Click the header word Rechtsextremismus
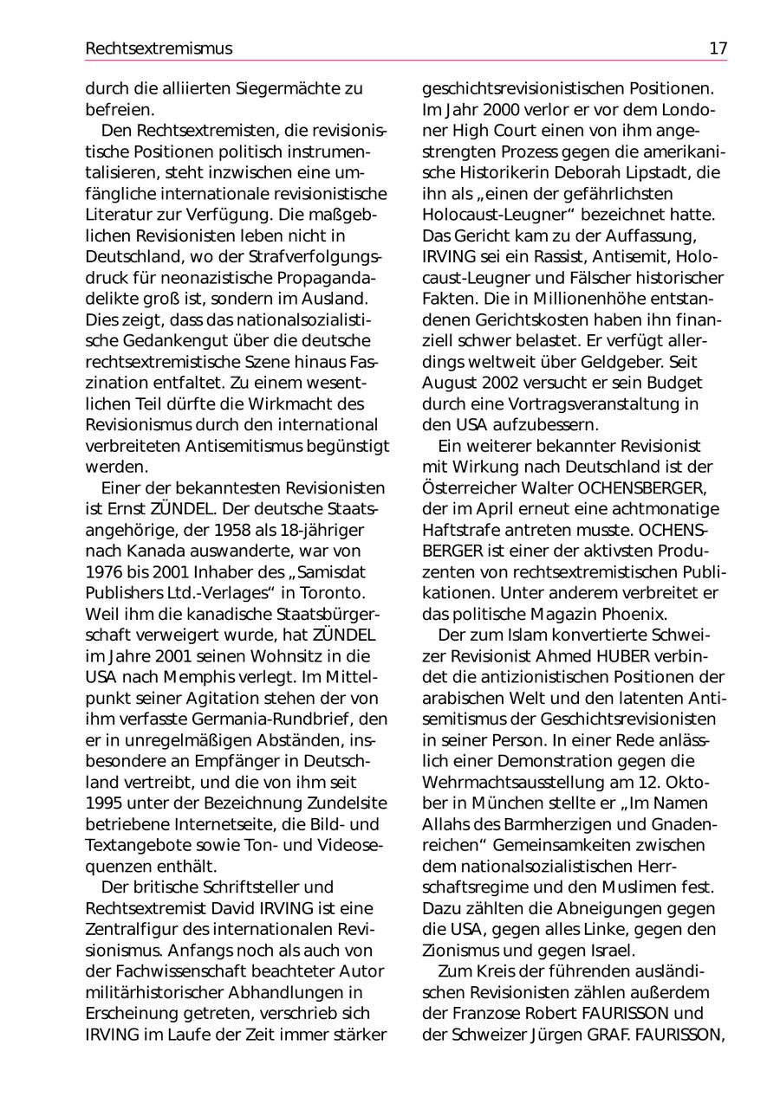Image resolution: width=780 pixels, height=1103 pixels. (159, 48)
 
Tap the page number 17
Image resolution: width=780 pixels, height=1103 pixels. (718, 48)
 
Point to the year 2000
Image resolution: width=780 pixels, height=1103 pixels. (478, 110)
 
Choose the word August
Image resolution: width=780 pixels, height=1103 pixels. (451, 383)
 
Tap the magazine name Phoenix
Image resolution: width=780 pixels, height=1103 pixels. (634, 613)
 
